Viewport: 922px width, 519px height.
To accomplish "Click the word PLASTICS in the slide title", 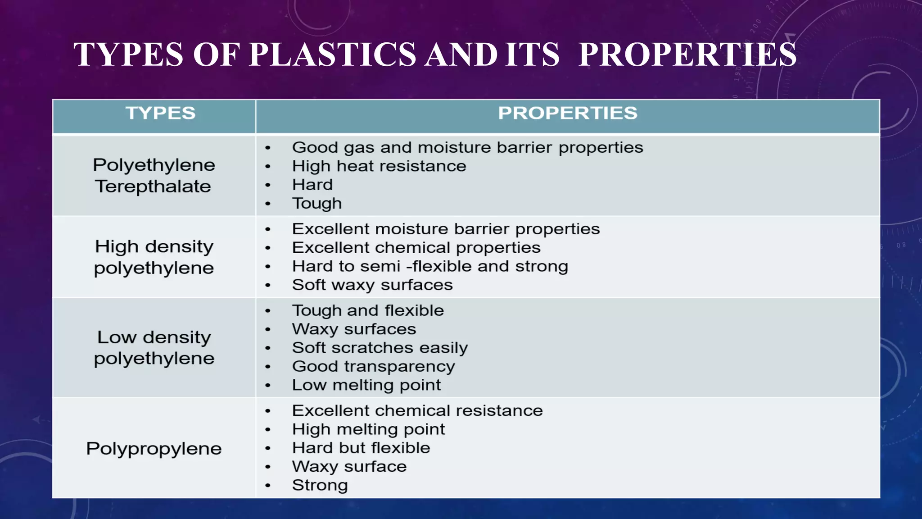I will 333,55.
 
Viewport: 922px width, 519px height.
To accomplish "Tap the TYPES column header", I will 160,113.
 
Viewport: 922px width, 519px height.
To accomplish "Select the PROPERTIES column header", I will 567,113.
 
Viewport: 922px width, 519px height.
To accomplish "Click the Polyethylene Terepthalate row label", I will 154,176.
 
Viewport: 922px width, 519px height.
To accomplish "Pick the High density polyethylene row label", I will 154,257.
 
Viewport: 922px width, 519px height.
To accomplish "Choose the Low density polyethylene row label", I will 154,348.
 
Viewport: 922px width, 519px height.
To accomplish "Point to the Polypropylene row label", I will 154,449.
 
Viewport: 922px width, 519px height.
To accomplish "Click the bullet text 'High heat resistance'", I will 379,166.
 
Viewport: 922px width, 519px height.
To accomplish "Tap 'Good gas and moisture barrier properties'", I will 467,148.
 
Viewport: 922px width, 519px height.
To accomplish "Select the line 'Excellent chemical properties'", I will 416,248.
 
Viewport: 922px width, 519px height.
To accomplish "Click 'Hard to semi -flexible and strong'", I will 430,266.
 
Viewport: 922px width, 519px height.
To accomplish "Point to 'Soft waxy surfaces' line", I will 372,285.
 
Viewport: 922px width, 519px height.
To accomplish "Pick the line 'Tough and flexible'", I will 368,310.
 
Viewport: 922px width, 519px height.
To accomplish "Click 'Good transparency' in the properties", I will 373,366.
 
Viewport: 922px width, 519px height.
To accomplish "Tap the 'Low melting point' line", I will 366,385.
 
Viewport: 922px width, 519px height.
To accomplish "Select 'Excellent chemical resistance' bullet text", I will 417,410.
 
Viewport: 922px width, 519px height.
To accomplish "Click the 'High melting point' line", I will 368,429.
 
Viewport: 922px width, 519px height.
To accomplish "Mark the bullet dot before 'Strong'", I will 268,486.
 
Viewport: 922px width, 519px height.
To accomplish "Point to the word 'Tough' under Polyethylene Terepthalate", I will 317,204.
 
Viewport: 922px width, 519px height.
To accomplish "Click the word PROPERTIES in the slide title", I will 687,55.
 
